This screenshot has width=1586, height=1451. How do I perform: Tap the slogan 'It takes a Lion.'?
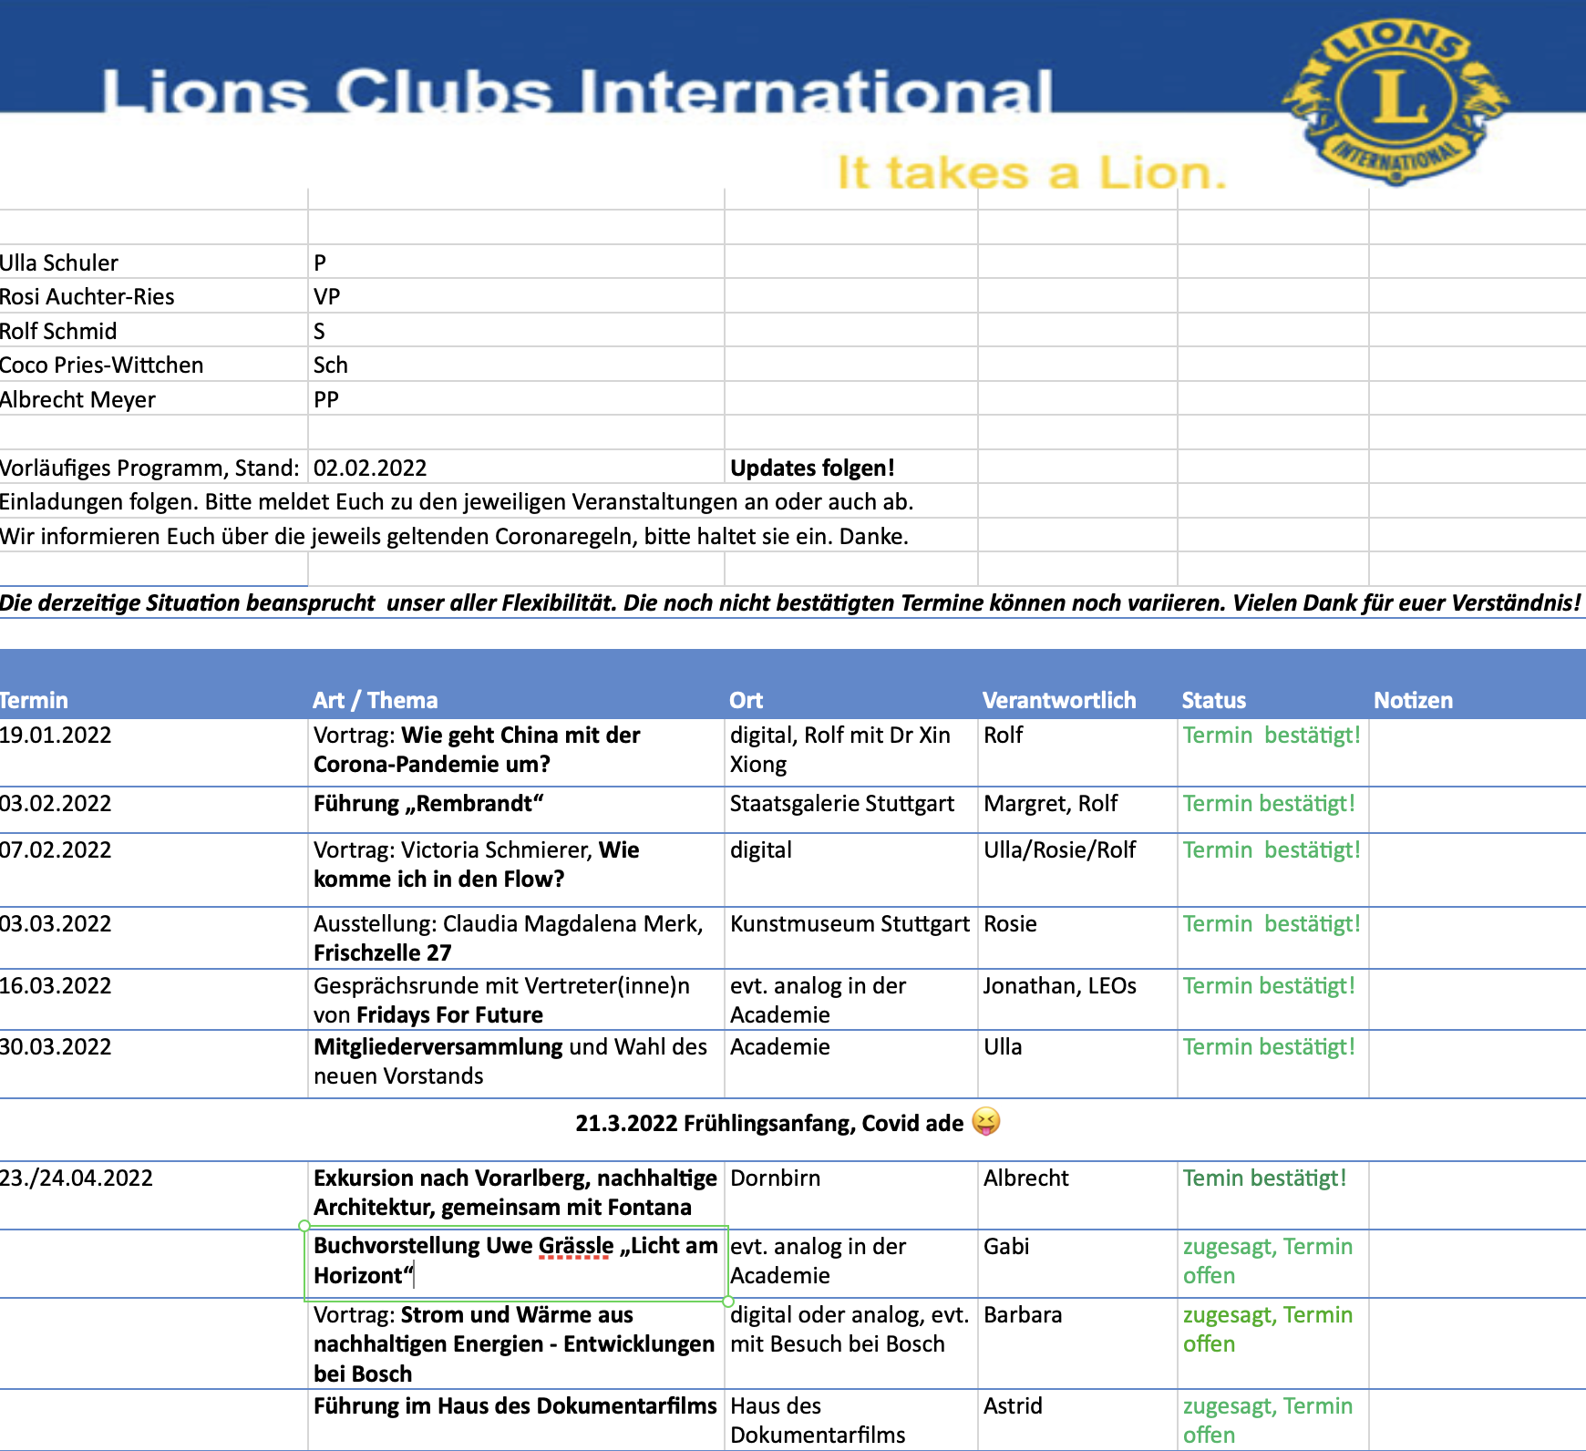(x=1031, y=172)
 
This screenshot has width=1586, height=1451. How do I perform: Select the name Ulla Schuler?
(x=59, y=262)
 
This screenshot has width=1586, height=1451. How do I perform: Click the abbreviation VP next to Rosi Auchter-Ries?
(x=326, y=296)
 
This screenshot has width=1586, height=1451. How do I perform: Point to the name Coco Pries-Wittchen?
(x=101, y=365)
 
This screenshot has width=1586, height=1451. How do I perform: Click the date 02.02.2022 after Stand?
(x=370, y=468)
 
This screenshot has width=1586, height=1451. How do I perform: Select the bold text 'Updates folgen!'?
(x=812, y=468)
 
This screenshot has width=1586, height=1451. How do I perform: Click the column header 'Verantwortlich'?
(x=1059, y=700)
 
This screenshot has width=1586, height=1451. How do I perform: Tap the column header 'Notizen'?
(x=1413, y=700)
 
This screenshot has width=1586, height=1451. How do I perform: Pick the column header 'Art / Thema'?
(x=376, y=700)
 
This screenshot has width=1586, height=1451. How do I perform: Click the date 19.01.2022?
(x=56, y=735)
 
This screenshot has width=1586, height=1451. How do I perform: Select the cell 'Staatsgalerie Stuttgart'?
(x=841, y=803)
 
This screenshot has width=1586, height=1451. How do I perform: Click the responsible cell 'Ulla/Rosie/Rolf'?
(x=1059, y=849)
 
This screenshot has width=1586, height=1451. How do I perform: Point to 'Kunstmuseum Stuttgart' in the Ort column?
(x=850, y=923)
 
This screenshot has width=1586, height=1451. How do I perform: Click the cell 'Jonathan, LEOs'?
(x=1059, y=985)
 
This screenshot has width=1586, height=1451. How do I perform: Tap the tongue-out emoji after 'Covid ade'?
(x=986, y=1121)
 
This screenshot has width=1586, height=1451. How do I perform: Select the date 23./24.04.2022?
(x=77, y=1178)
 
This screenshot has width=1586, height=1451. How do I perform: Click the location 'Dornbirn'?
(x=775, y=1178)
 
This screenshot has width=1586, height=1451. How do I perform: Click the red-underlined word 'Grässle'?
(x=576, y=1246)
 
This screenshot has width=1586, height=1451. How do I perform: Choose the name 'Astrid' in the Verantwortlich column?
(x=1013, y=1405)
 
